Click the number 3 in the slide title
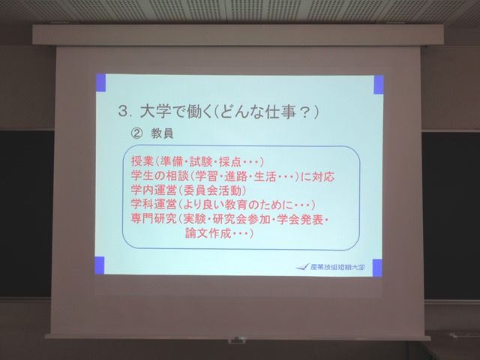point(123,112)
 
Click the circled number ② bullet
point(136,133)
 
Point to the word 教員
point(162,133)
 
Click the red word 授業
point(142,161)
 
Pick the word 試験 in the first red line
point(201,161)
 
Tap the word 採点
point(230,162)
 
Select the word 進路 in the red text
point(236,176)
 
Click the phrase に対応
point(317,177)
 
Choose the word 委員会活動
point(212,190)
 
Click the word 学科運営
point(154,205)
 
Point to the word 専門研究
point(154,219)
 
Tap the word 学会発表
point(300,220)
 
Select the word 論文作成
point(208,233)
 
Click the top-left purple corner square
point(101,82)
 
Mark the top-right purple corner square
point(379,85)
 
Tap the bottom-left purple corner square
point(100,265)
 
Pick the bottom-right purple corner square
point(377,268)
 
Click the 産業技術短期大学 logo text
point(337,267)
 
